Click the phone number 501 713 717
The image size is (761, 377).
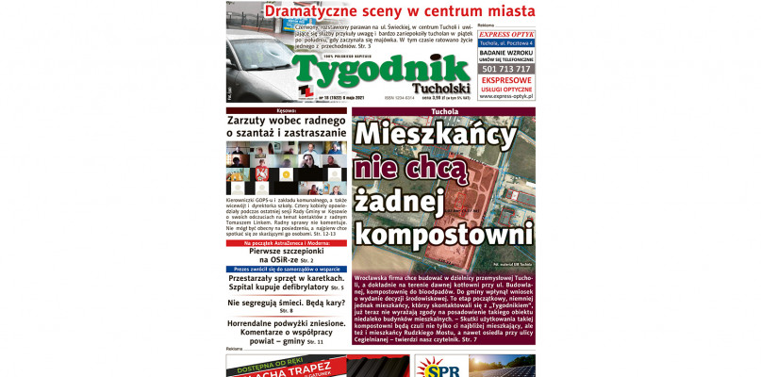(x=505, y=69)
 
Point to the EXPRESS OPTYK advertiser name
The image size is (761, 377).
(x=505, y=34)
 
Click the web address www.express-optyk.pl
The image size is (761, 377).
(x=505, y=96)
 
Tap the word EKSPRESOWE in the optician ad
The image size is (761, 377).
(x=505, y=81)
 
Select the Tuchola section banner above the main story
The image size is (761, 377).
(x=443, y=111)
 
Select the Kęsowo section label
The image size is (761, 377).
(x=286, y=111)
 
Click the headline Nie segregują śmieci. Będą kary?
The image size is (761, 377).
(x=286, y=303)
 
